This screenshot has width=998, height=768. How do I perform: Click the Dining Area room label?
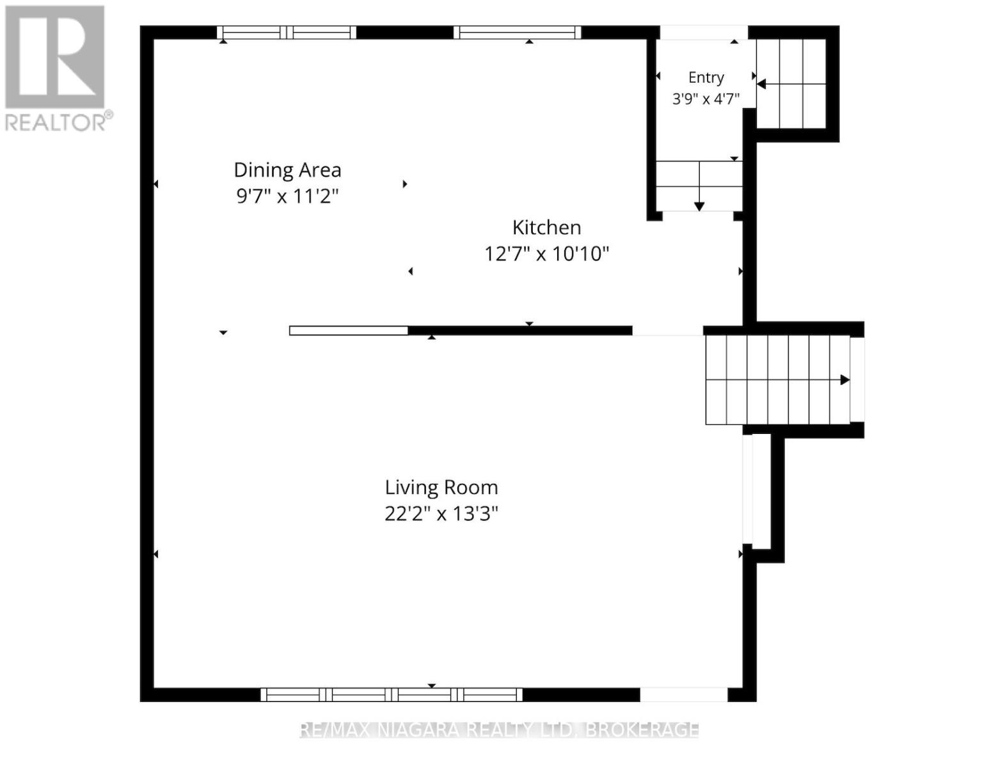pyautogui.click(x=287, y=170)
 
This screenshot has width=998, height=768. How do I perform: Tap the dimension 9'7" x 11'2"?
pyautogui.click(x=287, y=196)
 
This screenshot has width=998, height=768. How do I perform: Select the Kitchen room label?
pyautogui.click(x=546, y=228)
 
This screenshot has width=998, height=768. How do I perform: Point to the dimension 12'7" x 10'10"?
pyautogui.click(x=546, y=253)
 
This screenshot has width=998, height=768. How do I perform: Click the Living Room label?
pyautogui.click(x=441, y=488)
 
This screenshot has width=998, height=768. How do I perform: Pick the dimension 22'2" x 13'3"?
pyautogui.click(x=441, y=514)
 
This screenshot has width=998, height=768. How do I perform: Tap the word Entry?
pyautogui.click(x=706, y=78)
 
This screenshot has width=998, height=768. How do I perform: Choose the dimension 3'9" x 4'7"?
pyautogui.click(x=706, y=99)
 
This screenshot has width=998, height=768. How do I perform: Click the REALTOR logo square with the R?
pyautogui.click(x=54, y=57)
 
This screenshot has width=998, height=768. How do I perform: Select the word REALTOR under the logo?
pyautogui.click(x=55, y=123)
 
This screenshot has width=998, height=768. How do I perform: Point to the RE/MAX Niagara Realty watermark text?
pyautogui.click(x=499, y=730)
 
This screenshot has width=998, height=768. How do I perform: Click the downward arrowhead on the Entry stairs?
pyautogui.click(x=699, y=207)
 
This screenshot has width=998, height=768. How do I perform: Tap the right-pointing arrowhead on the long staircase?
pyautogui.click(x=845, y=380)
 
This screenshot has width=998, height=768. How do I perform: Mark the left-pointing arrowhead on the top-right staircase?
pyautogui.click(x=761, y=84)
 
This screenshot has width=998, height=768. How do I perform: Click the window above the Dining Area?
pyautogui.click(x=287, y=33)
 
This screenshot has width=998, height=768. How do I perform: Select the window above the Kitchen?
pyautogui.click(x=518, y=33)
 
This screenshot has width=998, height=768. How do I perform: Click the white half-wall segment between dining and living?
pyautogui.click(x=349, y=330)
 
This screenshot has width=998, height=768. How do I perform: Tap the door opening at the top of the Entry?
pyautogui.click(x=704, y=33)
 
